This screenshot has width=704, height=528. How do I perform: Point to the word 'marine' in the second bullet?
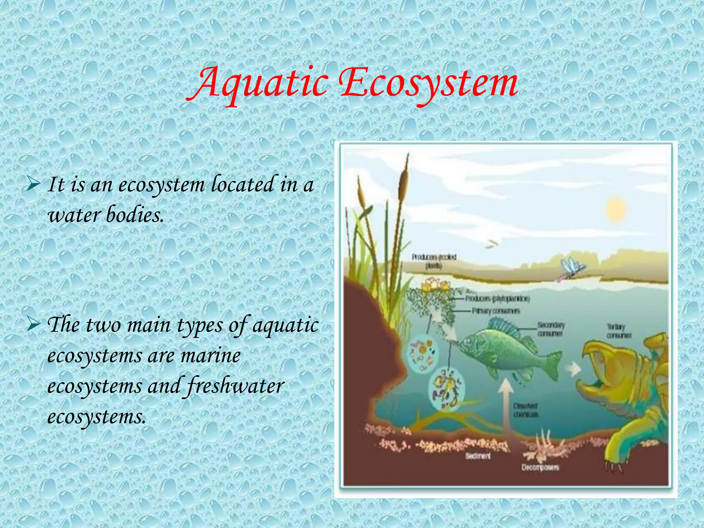click(210, 356)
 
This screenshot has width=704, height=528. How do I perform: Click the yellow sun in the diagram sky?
click(616, 209)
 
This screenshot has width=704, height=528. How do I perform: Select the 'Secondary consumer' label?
click(551, 329)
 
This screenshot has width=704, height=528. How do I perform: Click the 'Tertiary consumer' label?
click(619, 331)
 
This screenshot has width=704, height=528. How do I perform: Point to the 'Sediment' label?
click(478, 456)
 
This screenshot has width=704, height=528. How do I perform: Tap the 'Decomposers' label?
click(540, 467)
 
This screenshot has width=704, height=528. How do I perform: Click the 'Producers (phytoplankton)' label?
click(497, 299)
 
